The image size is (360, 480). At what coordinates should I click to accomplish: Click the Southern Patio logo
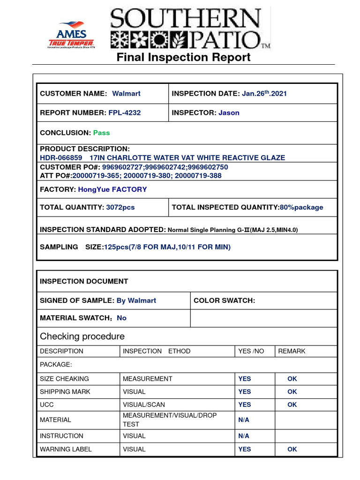(190, 29)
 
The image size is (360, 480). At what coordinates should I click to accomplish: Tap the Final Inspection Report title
(183, 57)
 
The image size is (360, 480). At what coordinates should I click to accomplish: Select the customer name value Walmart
(126, 93)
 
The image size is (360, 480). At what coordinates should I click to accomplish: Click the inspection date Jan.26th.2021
(264, 93)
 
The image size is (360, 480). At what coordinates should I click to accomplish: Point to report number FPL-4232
(124, 112)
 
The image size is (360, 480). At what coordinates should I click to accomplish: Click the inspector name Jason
(229, 112)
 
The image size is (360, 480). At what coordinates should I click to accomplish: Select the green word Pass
(101, 133)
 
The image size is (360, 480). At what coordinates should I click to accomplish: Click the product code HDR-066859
(61, 157)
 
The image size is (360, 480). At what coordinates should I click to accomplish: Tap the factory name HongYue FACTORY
(112, 189)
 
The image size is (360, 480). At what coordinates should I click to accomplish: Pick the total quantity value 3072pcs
(120, 207)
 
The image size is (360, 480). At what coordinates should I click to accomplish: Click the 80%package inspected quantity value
(301, 207)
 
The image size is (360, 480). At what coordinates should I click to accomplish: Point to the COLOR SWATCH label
(224, 300)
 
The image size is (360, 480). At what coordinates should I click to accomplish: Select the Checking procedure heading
(82, 336)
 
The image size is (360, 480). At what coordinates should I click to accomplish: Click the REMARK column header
(292, 351)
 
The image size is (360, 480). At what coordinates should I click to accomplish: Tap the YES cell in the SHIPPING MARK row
(245, 391)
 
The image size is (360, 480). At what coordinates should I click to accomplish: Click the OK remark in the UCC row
(292, 405)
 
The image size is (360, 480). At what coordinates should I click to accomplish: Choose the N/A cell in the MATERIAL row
(244, 420)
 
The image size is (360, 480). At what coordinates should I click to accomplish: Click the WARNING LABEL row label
(66, 449)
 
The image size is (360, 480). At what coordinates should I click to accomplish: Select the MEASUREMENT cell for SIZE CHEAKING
(147, 379)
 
